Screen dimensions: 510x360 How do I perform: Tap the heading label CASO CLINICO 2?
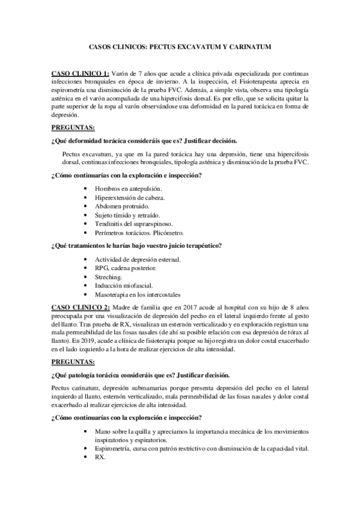coord(81,307)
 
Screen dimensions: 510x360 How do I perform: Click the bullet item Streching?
coord(109,277)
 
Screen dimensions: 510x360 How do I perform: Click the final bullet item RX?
coord(100,458)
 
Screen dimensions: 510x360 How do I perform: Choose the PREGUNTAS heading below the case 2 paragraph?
coord(73,362)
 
